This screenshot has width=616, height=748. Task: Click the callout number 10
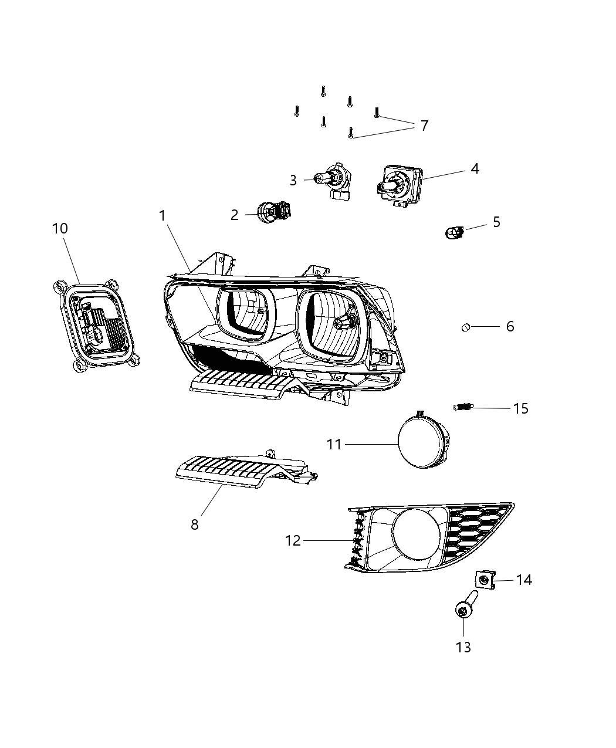pyautogui.click(x=60, y=228)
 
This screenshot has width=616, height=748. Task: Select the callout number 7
pyautogui.click(x=424, y=126)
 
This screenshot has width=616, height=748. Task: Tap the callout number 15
pyautogui.click(x=520, y=408)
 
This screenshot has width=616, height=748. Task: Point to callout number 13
pyautogui.click(x=463, y=647)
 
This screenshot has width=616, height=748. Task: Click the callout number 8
pyautogui.click(x=195, y=524)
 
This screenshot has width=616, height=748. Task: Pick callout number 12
pyautogui.click(x=293, y=540)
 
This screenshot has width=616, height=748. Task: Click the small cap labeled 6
pyautogui.click(x=466, y=327)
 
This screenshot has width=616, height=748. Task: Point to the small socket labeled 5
pyautogui.click(x=453, y=233)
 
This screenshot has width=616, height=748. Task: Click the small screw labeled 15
pyautogui.click(x=463, y=407)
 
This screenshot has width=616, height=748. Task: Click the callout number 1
pyautogui.click(x=163, y=216)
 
